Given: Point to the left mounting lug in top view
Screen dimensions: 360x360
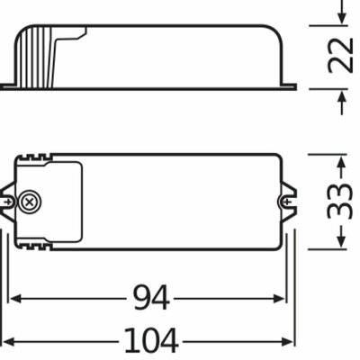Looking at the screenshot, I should coord(8,202).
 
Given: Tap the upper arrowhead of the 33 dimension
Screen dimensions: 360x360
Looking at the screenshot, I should coord(340,164).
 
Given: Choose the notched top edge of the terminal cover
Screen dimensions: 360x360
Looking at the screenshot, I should coord(45,160).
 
